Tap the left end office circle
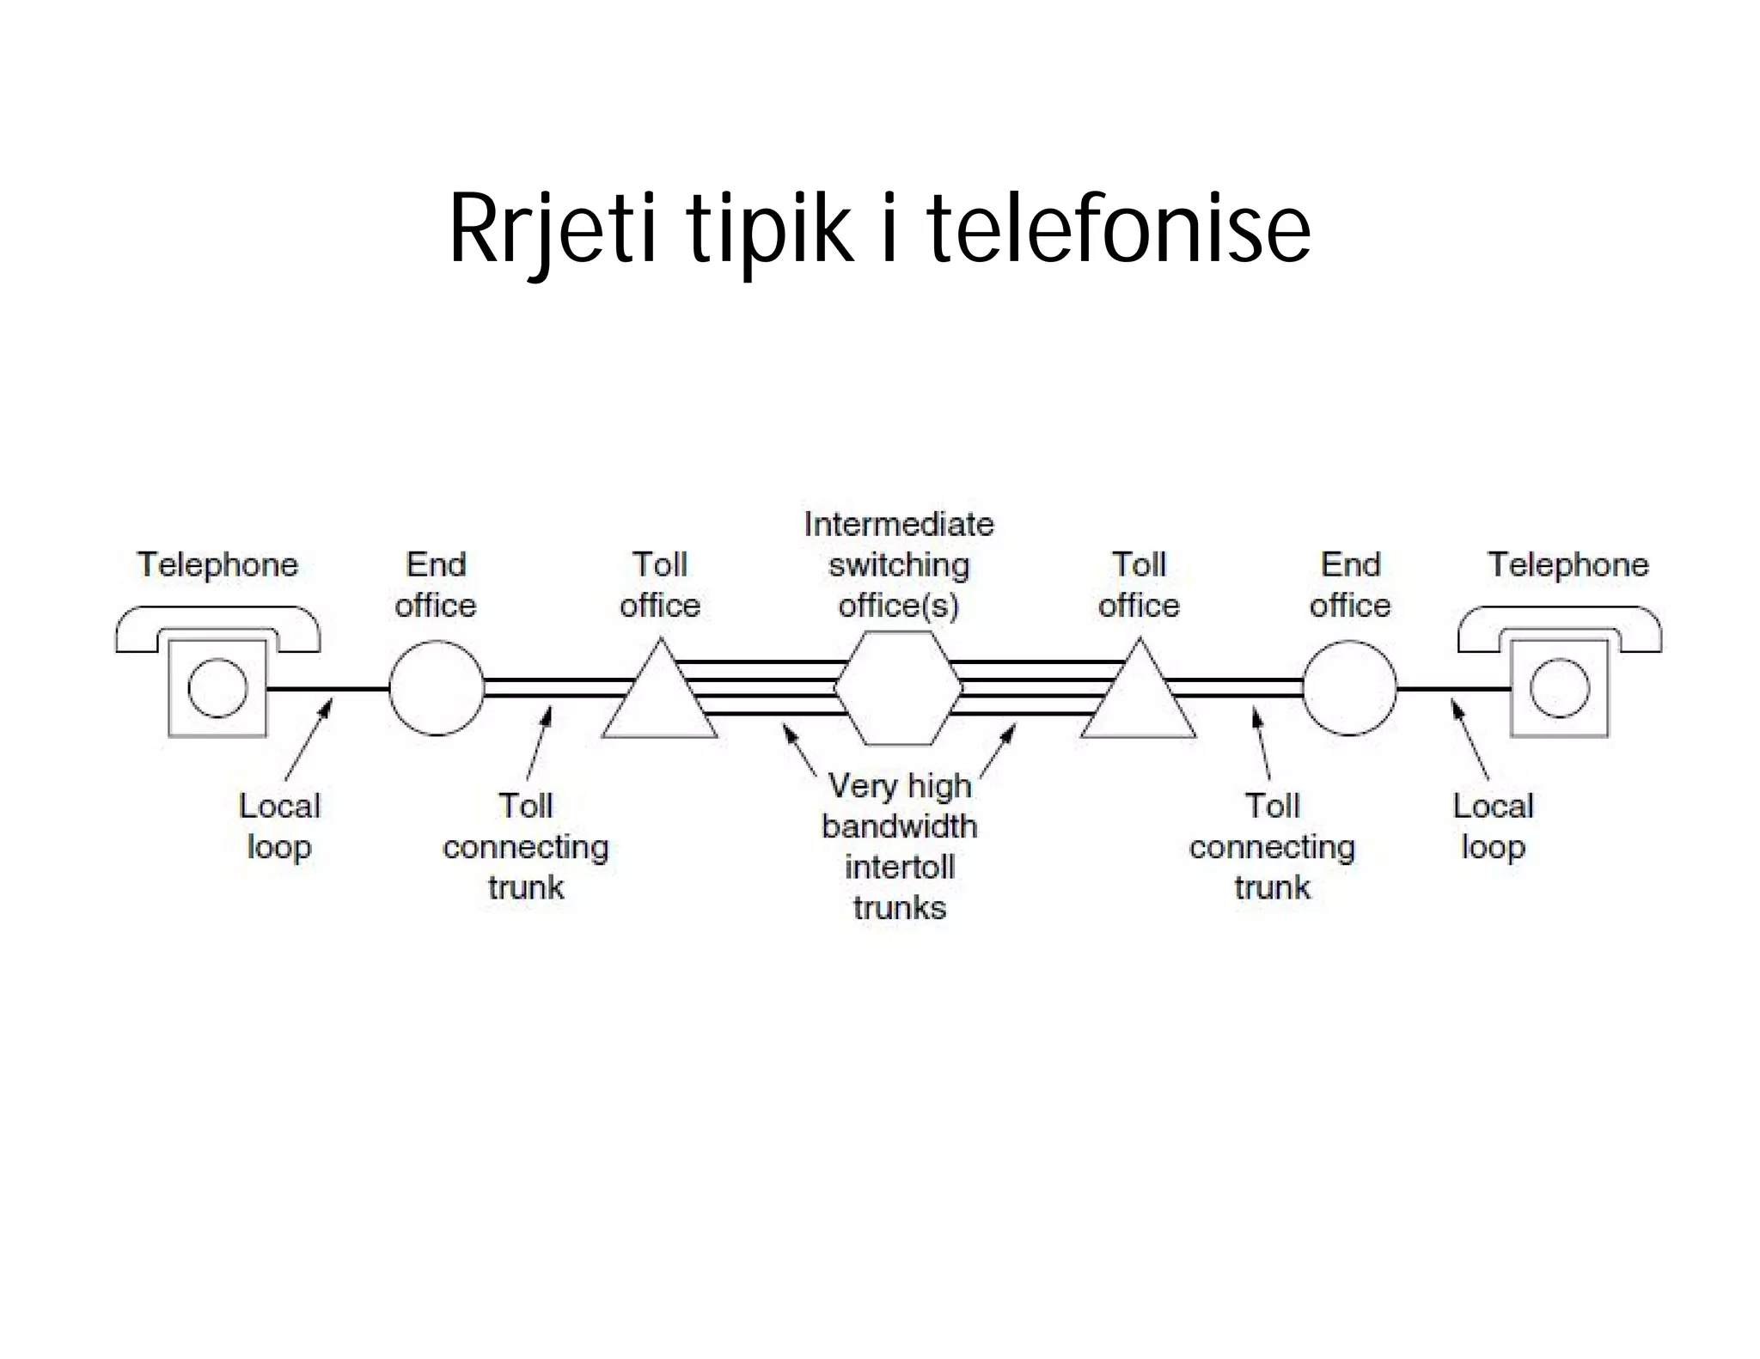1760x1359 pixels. click(437, 688)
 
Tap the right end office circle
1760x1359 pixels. click(1349, 688)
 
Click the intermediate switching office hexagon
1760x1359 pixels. click(899, 688)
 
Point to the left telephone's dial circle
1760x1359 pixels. click(217, 688)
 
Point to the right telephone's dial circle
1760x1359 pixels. click(1560, 688)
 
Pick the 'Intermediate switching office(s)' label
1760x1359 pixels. click(899, 565)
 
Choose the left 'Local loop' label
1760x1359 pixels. click(279, 826)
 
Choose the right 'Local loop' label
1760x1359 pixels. click(1493, 826)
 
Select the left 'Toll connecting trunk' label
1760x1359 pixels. click(526, 846)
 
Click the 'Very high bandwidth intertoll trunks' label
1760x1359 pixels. click(899, 846)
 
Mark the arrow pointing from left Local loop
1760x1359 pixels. click(308, 740)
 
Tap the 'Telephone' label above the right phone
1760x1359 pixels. click(1568, 565)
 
